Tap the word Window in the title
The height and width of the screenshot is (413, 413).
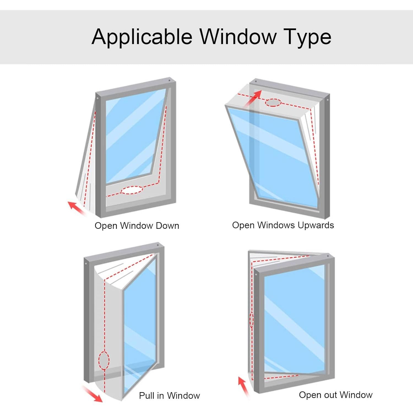tap(238, 36)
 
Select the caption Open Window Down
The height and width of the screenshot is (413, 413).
tap(137, 226)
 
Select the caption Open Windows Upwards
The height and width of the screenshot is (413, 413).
tap(283, 225)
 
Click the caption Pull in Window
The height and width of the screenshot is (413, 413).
tap(169, 396)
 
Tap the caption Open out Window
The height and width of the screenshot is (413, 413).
tap(335, 395)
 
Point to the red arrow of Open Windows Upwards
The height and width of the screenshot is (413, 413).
tap(252, 99)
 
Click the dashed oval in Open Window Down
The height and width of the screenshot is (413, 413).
tap(132, 190)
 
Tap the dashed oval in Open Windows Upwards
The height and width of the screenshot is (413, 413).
tap(273, 103)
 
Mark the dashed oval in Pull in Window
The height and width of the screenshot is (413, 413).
tap(104, 360)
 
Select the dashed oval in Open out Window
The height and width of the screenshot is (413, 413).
tap(251, 320)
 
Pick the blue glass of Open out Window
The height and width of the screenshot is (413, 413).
tap(294, 319)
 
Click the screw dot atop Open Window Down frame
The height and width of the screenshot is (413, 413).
tap(169, 81)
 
